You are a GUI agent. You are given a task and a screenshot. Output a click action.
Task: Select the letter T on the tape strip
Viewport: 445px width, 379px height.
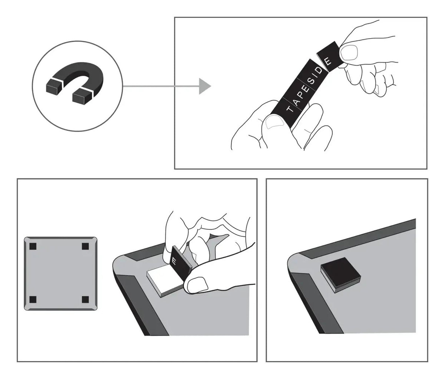click(291, 110)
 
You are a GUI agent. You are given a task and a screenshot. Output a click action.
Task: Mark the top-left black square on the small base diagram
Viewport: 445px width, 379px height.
click(33, 246)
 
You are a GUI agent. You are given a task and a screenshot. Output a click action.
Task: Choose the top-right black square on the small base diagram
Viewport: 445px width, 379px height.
click(85, 246)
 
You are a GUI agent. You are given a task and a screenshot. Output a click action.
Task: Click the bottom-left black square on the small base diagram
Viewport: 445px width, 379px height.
click(33, 299)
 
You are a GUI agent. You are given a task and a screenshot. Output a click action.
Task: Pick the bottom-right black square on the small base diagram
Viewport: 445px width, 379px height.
click(85, 299)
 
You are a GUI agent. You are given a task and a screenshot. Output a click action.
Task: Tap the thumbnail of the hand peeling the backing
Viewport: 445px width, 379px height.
click(197, 285)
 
